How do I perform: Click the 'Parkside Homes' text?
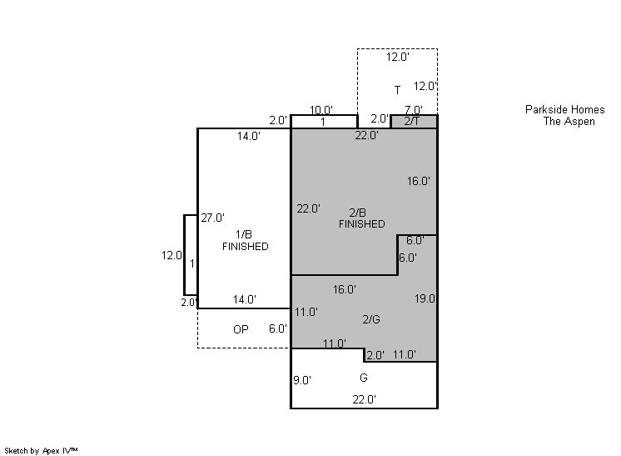564,109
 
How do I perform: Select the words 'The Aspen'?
569,122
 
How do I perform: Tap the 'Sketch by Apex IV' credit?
41,451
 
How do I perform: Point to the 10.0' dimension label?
320,110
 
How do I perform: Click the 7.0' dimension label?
414,109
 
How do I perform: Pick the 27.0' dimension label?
212,218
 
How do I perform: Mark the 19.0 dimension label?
425,298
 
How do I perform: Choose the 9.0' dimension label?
302,380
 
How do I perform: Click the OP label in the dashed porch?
241,329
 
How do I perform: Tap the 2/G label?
371,319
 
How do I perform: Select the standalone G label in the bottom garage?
364,378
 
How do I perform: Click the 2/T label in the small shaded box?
412,122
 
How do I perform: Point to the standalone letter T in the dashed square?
397,90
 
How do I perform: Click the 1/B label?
244,234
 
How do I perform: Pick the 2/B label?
358,213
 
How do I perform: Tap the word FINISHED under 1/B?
245,246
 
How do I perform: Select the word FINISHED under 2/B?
361,224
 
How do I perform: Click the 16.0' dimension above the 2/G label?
344,289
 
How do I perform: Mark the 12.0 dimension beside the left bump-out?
171,255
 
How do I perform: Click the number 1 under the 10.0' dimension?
323,123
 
